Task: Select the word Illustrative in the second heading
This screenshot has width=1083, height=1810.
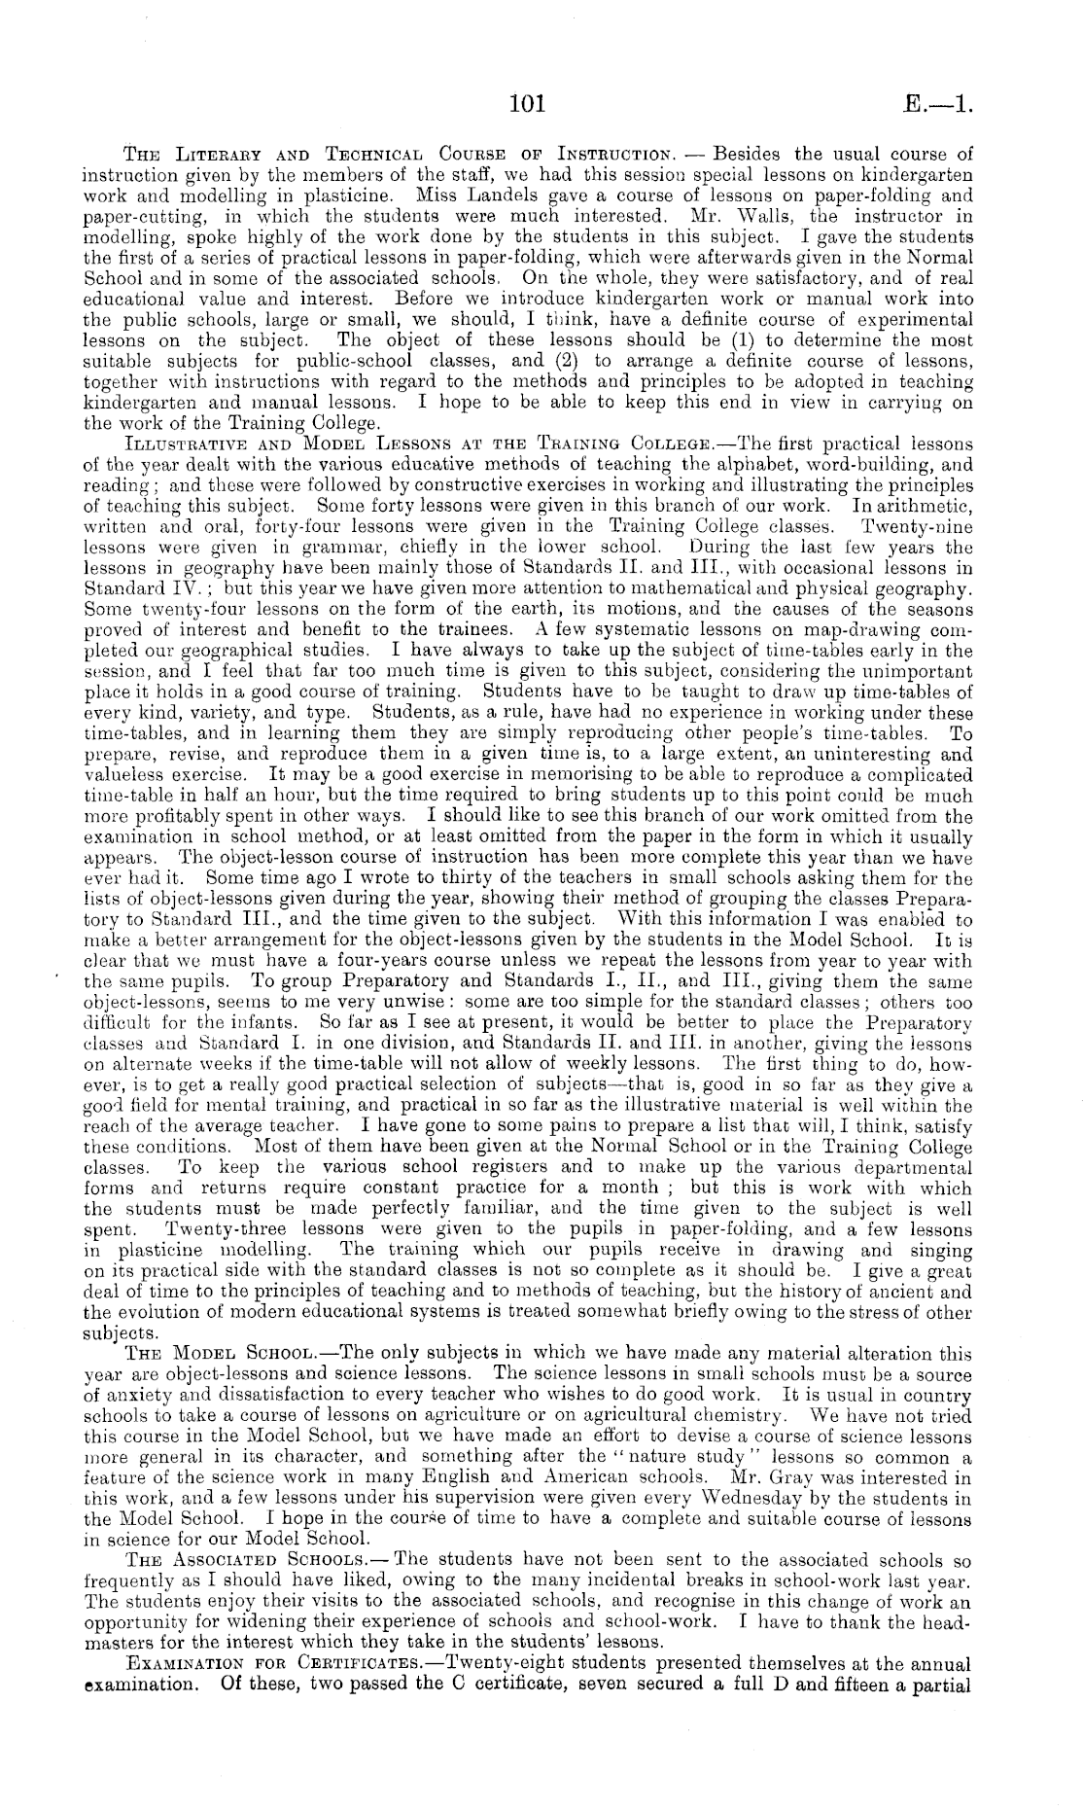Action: click(173, 441)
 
